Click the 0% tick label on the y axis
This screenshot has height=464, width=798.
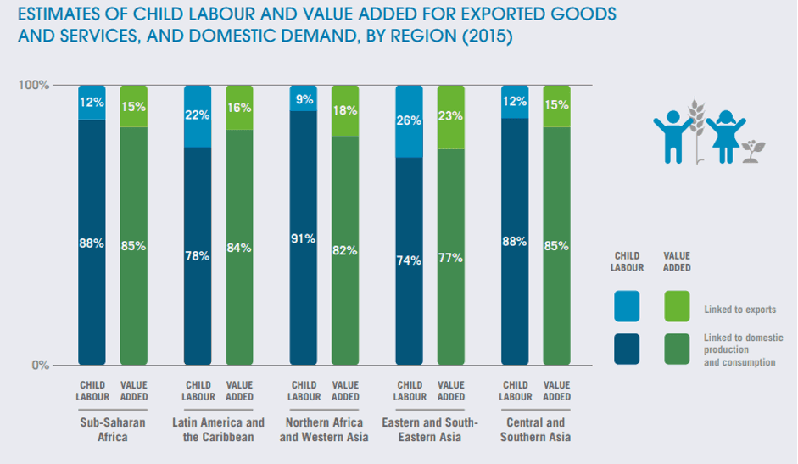40,366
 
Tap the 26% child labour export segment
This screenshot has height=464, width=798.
409,121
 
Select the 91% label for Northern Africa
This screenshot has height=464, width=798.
304,239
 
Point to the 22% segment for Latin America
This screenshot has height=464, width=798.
198,116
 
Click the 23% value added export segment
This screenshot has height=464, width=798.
450,117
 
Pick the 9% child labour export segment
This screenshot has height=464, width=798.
304,98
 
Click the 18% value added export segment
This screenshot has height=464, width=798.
345,110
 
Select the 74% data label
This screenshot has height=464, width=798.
409,260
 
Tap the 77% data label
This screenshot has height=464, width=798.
450,258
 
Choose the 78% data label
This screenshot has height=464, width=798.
198,255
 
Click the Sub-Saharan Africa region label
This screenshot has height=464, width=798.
113,430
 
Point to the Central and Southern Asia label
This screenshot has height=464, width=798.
535,430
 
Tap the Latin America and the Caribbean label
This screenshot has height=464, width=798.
218,430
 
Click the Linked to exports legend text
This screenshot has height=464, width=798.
739,310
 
